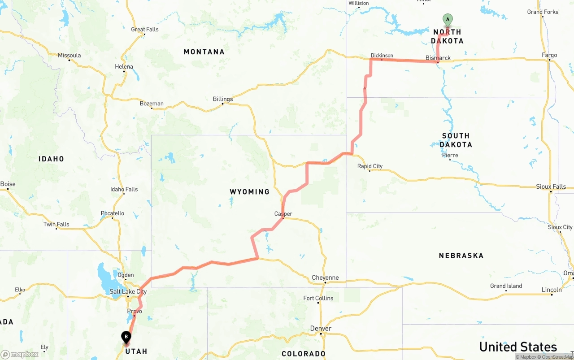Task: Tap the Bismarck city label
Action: (x=438, y=58)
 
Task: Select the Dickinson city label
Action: (x=382, y=56)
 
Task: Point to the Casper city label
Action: (x=283, y=214)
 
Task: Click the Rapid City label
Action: (x=370, y=166)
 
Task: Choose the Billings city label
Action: (x=223, y=99)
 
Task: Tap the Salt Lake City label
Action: (x=128, y=292)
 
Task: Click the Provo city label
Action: (x=135, y=311)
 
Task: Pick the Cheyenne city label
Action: (x=325, y=278)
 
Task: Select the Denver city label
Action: (x=321, y=329)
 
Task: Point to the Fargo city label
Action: (x=549, y=55)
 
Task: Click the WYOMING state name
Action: (x=250, y=192)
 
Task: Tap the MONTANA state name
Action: (x=204, y=52)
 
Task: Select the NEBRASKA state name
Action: (x=461, y=256)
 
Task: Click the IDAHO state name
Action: (x=51, y=159)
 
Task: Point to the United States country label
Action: (x=518, y=347)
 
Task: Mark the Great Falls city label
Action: (x=144, y=30)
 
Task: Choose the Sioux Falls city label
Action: (x=551, y=187)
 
